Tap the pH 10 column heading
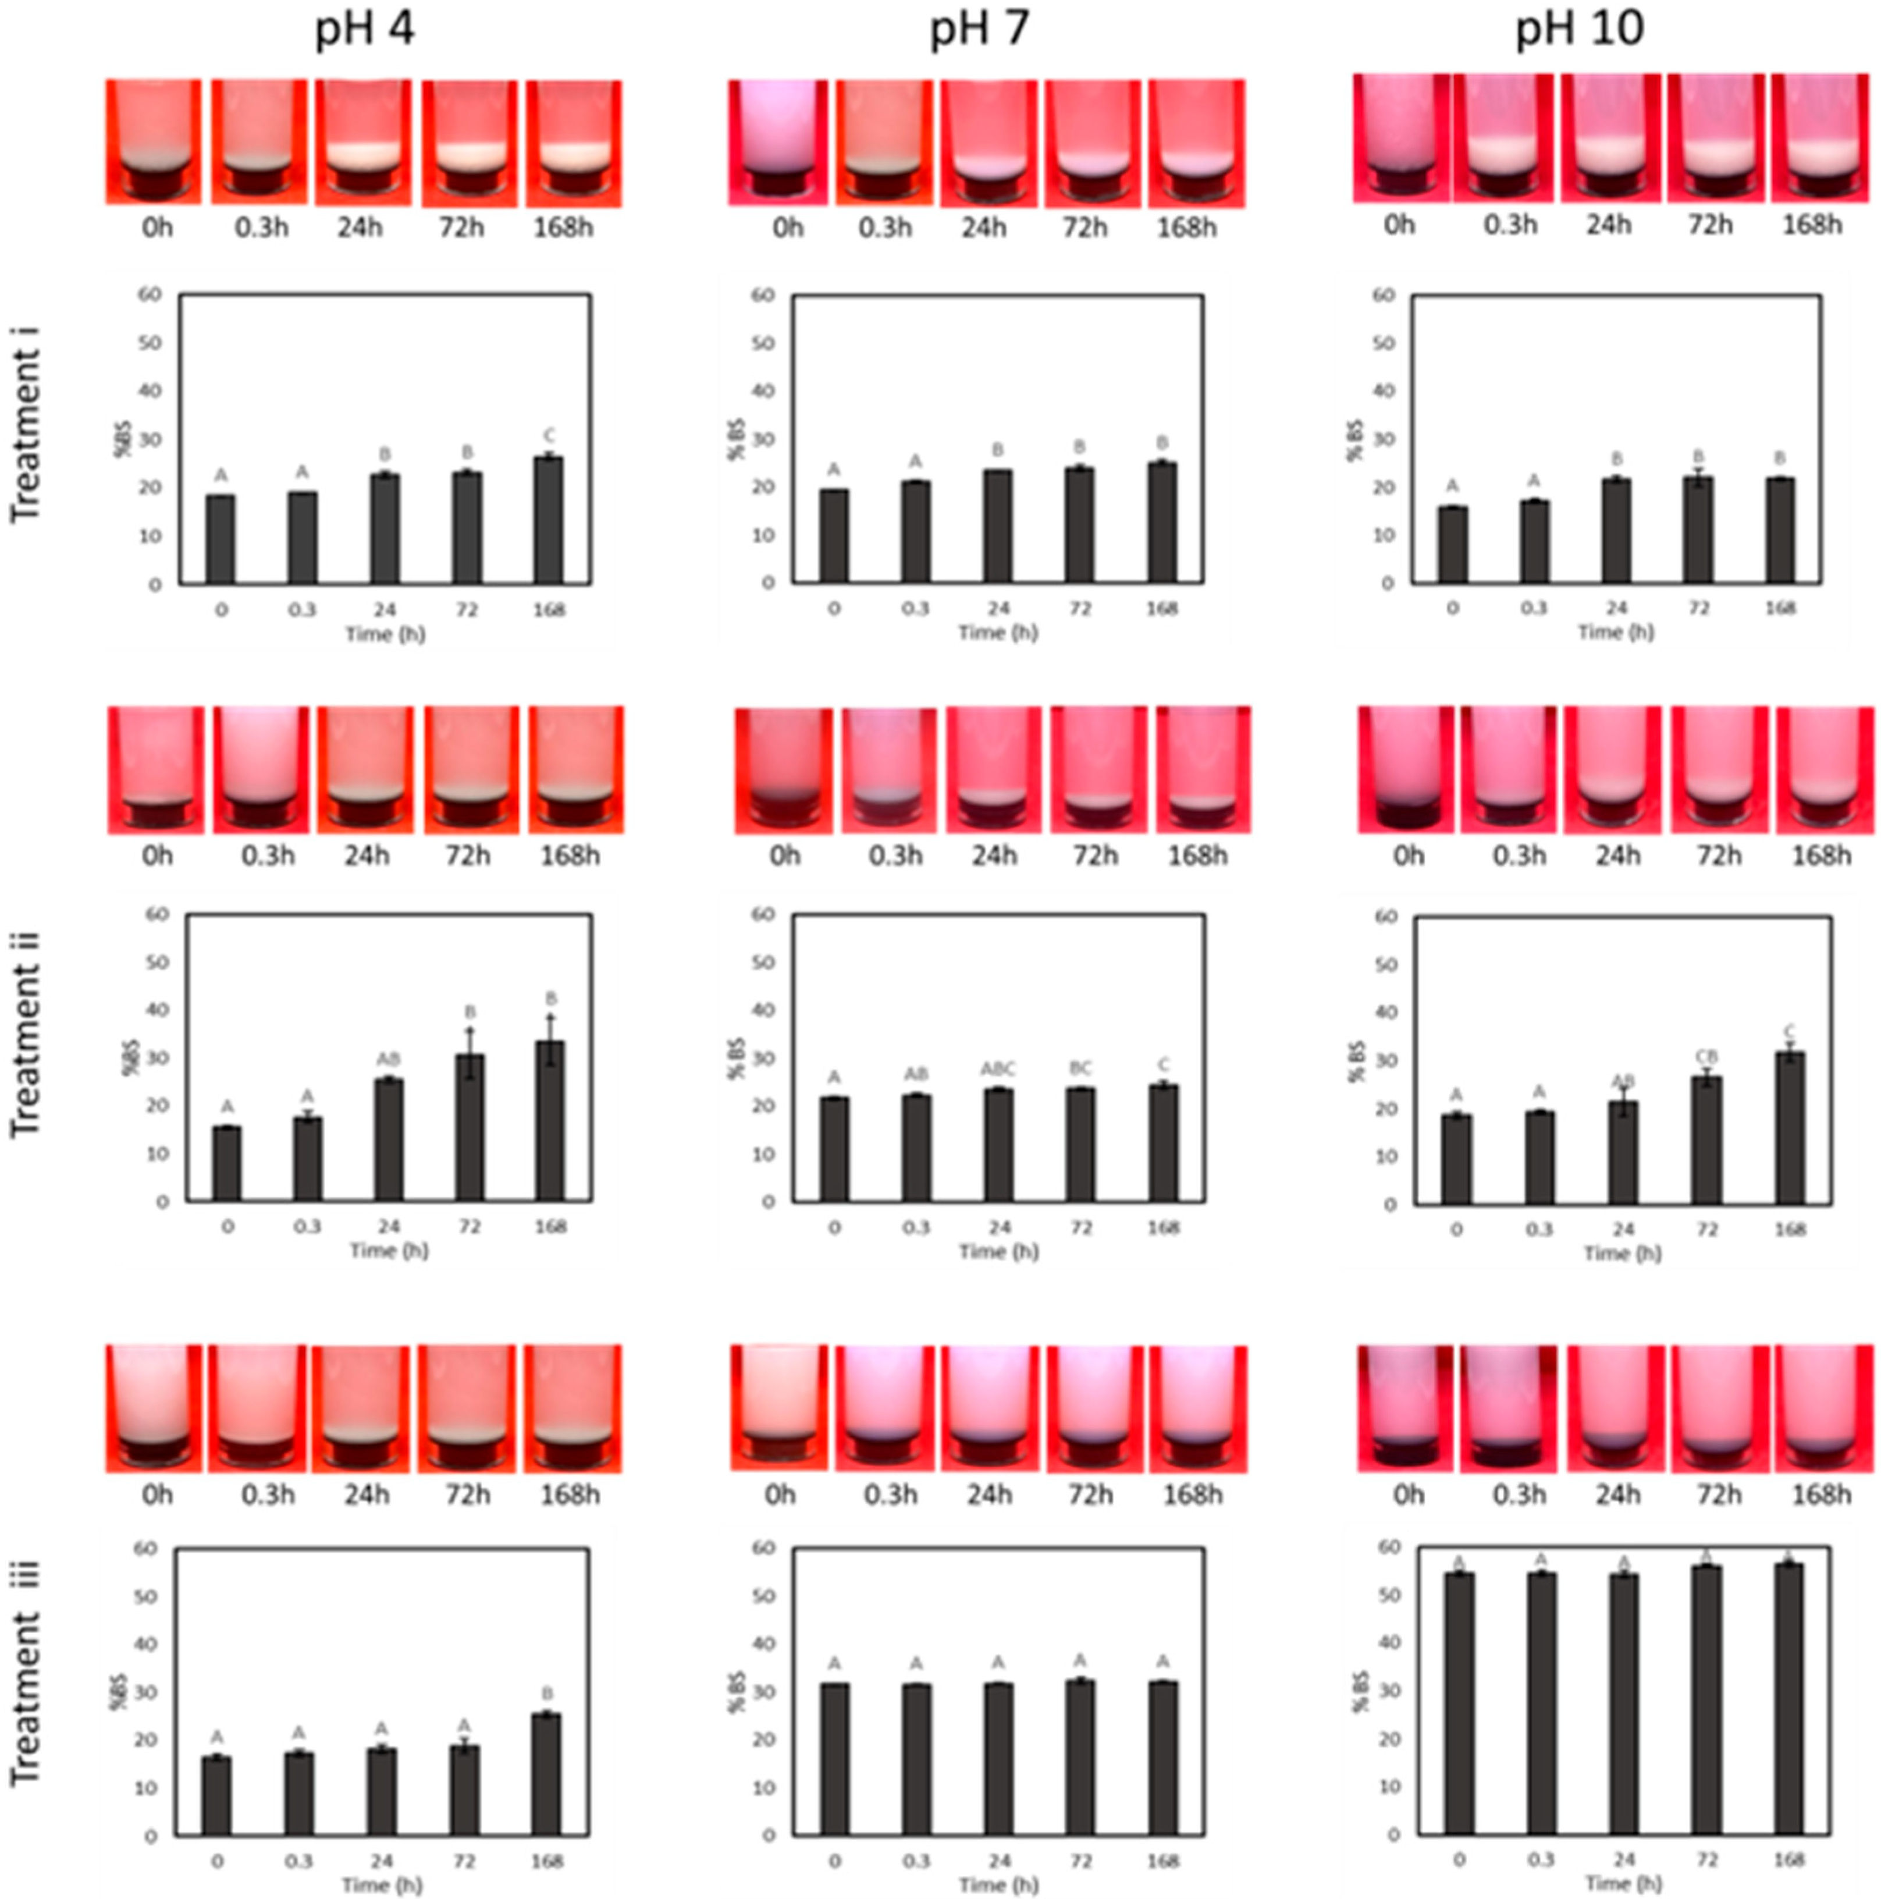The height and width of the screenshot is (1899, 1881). point(1579,30)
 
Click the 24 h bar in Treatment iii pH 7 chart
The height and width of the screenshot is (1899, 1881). point(998,1759)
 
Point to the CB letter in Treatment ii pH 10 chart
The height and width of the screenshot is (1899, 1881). point(1707,1057)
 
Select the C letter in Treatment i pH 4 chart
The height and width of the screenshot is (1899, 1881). point(549,435)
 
